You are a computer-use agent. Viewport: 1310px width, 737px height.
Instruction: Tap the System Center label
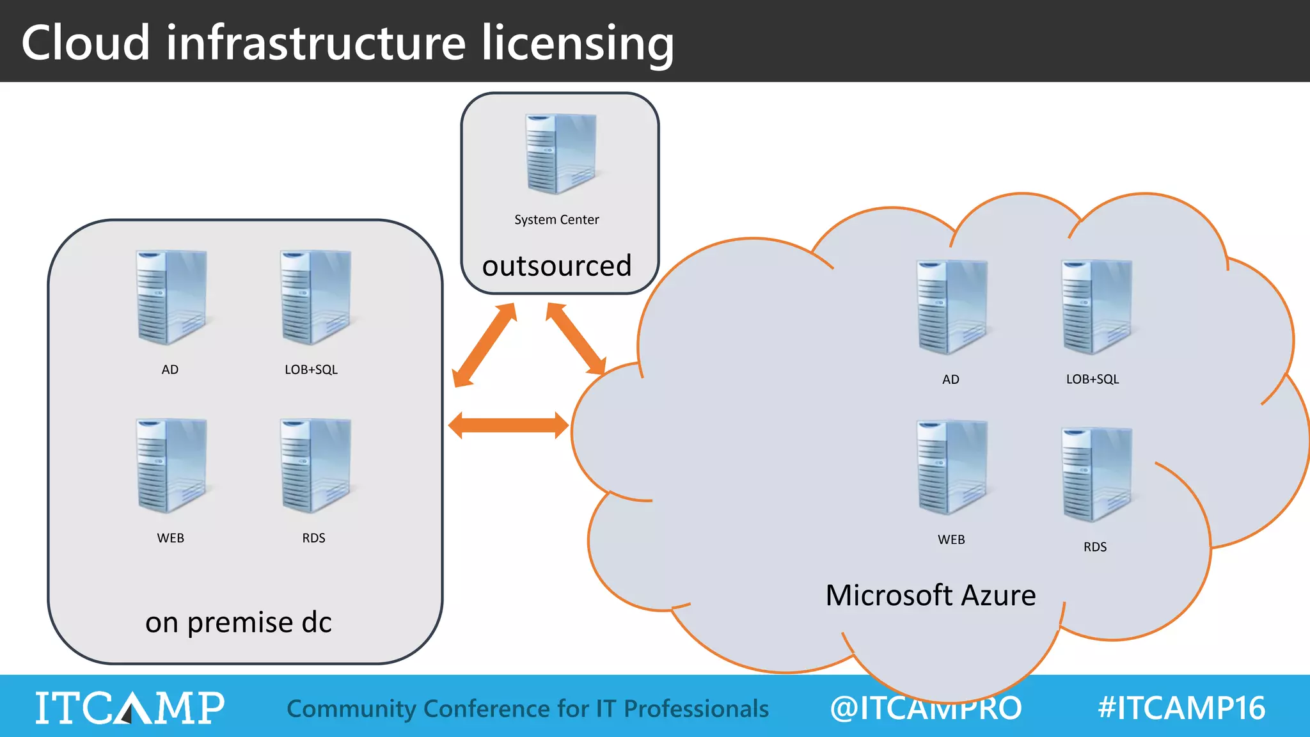(x=556, y=219)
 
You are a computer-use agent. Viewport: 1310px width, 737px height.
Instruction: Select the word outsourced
(x=556, y=265)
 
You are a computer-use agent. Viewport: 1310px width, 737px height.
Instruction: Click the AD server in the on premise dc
(x=171, y=297)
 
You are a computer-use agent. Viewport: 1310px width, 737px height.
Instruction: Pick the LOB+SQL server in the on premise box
(x=315, y=297)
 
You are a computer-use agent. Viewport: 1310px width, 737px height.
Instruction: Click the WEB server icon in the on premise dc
(x=171, y=466)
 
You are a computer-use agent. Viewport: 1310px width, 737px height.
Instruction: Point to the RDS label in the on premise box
(x=313, y=538)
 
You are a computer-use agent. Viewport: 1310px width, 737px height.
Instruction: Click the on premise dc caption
(x=238, y=622)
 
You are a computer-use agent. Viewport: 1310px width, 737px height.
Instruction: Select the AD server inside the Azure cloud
(x=951, y=307)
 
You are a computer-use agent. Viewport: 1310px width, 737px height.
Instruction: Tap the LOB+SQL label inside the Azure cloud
(x=1092, y=379)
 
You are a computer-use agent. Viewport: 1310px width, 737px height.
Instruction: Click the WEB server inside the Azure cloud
(x=951, y=468)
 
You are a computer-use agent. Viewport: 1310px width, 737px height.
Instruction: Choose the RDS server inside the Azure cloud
(x=1096, y=475)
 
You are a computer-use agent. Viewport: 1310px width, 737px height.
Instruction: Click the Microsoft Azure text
(x=930, y=596)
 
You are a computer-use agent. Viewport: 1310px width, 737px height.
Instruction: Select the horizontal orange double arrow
(x=509, y=426)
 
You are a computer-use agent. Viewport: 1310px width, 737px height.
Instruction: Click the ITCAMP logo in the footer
(x=129, y=708)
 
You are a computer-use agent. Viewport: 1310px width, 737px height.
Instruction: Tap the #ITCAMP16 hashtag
(x=1181, y=708)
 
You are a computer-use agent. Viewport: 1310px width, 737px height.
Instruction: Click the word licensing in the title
(x=577, y=43)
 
